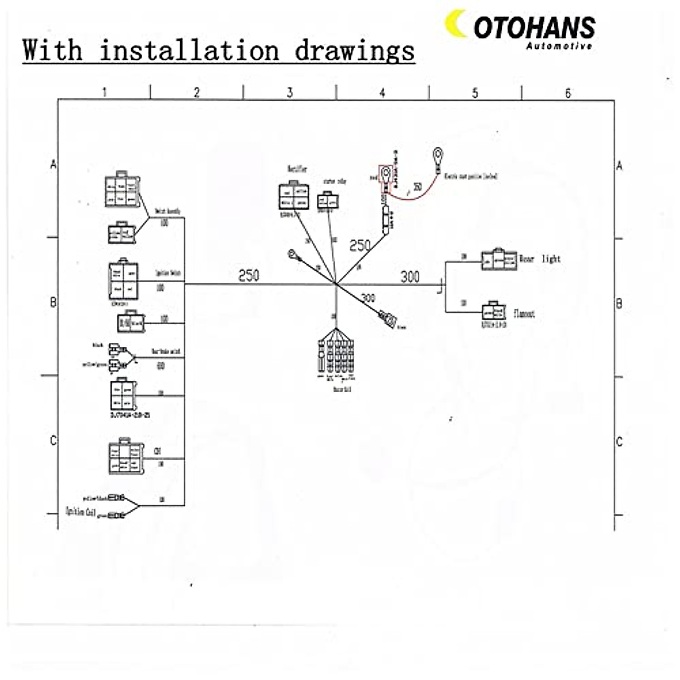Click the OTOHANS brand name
point(534,27)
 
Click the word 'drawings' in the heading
point(354,51)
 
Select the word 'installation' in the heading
point(189,51)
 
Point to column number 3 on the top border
point(290,92)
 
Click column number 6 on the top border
point(568,93)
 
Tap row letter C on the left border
point(54,441)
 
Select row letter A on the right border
point(619,165)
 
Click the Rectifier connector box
point(294,196)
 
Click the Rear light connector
point(499,260)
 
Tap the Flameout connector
point(494,312)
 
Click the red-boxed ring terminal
point(386,172)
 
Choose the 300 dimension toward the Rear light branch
point(410,277)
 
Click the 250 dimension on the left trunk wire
point(248,275)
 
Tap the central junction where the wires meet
point(336,283)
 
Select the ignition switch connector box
point(123,280)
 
